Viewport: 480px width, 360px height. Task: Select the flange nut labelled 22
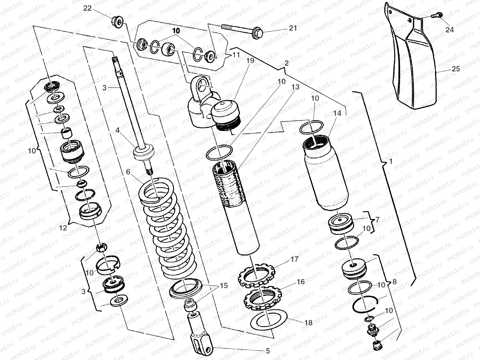point(117,21)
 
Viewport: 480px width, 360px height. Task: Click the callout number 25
point(456,69)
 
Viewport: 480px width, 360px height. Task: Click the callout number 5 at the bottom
point(268,350)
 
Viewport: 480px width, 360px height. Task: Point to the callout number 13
point(295,87)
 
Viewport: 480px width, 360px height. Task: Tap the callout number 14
point(337,113)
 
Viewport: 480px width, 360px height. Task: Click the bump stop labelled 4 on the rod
point(144,153)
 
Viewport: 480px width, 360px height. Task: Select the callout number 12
point(63,228)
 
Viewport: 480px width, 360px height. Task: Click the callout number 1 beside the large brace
point(391,161)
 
